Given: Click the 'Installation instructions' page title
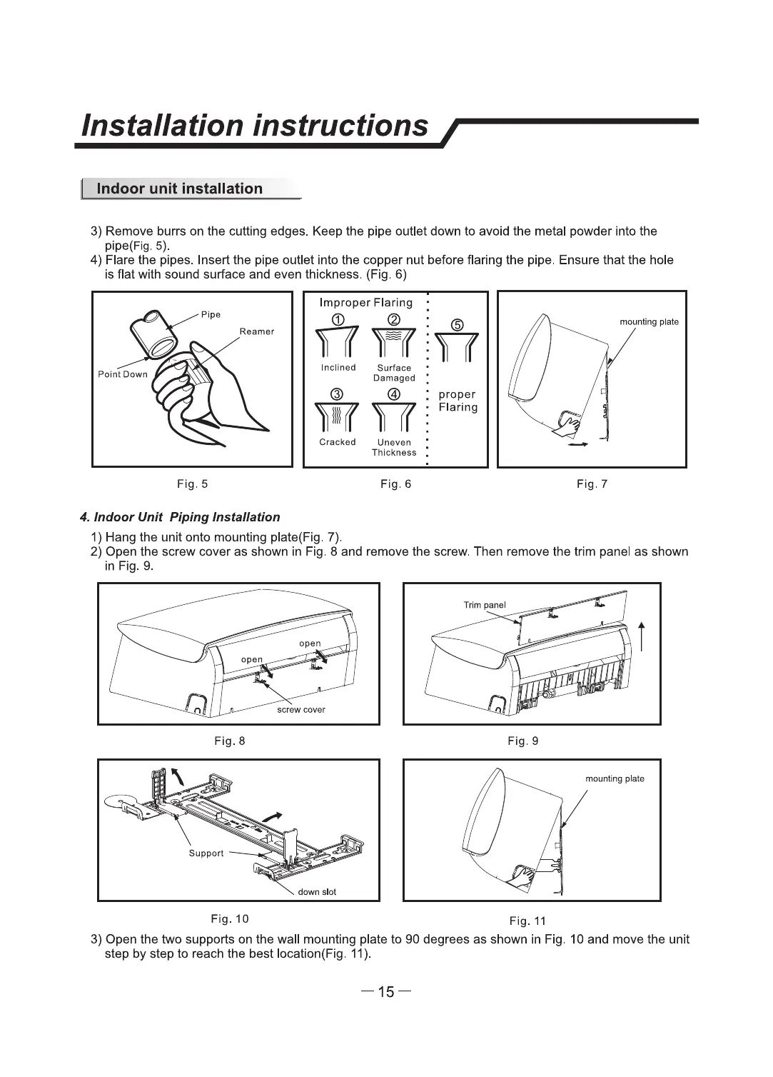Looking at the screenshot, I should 255,126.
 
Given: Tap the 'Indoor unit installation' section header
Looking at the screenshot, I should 179,189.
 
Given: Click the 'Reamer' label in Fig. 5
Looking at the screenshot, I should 257,331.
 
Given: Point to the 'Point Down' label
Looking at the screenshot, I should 123,374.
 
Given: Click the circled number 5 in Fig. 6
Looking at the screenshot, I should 458,326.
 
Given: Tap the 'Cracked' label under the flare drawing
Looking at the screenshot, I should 338,442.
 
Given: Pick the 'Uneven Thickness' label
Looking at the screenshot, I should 394,448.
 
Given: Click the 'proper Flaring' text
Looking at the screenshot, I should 458,401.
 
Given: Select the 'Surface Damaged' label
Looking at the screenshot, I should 394,373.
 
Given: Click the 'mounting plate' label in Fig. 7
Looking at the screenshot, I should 649,322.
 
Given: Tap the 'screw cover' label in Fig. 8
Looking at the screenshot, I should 300,710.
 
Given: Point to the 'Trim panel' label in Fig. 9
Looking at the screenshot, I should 485,605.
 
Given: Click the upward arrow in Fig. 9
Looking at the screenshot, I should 643,636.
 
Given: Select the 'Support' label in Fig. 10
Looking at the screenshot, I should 206,853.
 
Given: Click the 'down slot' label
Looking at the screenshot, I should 317,892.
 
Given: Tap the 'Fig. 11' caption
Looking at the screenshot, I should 527,921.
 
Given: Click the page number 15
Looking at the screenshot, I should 386,992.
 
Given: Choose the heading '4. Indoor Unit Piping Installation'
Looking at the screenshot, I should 180,517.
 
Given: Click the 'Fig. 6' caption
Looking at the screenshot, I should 396,484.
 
